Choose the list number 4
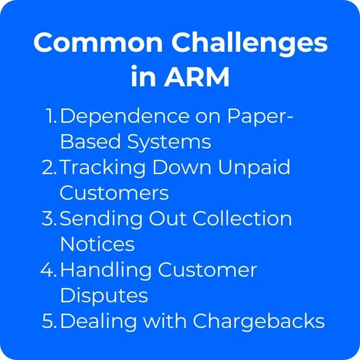[x=49, y=270]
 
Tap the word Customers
[x=114, y=193]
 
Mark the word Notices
[x=97, y=244]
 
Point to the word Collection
[x=242, y=219]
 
